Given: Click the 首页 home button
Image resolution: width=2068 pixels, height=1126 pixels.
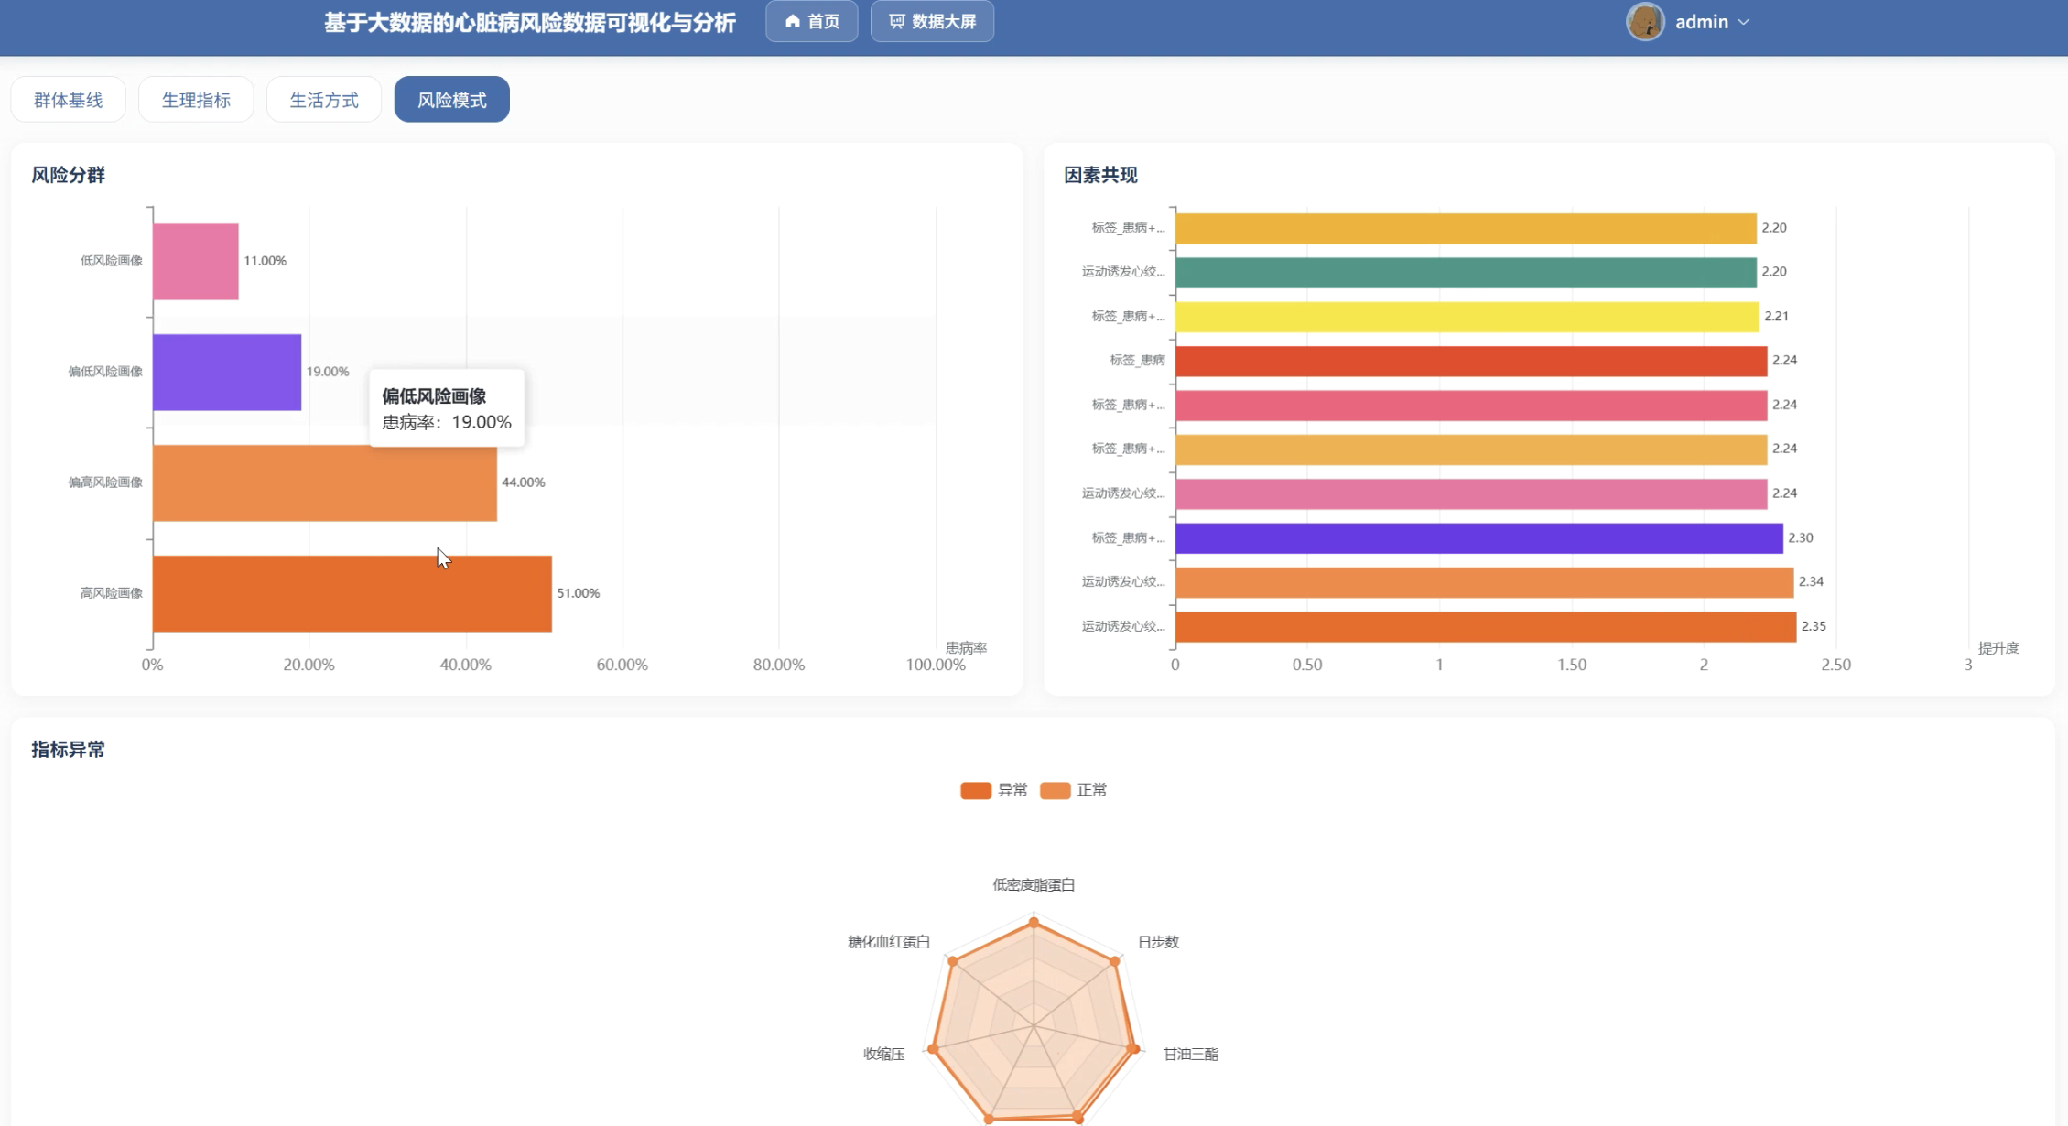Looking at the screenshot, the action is tap(812, 21).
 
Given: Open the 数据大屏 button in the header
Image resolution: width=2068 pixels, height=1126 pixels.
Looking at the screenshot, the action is tap(932, 21).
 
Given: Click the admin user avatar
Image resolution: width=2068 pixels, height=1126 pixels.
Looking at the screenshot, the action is tap(1645, 22).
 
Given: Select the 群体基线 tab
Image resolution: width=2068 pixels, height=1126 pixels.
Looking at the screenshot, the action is tap(68, 100).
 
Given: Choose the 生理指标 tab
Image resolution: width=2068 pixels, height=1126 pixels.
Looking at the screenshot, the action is tap(196, 100).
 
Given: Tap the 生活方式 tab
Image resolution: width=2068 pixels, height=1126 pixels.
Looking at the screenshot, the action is tap(324, 100).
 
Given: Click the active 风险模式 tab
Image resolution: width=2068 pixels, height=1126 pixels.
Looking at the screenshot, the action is tap(452, 100).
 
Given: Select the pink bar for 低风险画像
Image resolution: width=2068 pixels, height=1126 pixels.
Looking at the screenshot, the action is tap(196, 262).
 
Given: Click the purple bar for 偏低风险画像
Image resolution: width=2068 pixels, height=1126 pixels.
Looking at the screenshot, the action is tap(227, 372).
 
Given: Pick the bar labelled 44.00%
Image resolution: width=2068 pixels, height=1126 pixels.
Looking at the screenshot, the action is tap(325, 483).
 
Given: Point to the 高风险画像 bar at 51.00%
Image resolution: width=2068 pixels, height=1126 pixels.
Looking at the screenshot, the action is tap(352, 593).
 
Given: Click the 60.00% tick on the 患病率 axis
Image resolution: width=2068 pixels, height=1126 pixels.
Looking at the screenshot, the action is tap(623, 665).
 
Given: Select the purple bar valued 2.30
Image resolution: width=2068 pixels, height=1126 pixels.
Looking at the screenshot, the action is tap(1479, 538).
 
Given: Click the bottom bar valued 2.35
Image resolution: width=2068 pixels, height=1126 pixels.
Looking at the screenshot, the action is tap(1486, 627).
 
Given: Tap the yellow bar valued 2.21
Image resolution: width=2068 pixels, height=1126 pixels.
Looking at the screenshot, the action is tap(1467, 317).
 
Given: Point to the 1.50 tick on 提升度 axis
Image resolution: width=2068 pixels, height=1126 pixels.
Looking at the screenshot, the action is tap(1572, 665).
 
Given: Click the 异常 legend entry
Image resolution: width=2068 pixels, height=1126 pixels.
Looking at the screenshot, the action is tap(994, 790).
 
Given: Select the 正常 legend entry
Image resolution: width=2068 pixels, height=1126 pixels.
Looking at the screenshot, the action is tap(1074, 790).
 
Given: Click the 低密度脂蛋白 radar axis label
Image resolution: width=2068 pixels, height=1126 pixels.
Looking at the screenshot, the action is tap(1034, 885).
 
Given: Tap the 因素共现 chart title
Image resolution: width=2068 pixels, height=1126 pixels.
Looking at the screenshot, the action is tap(1100, 175).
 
